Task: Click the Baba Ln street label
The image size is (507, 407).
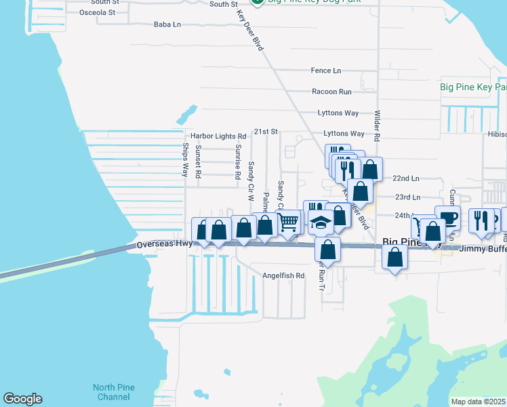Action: point(167,24)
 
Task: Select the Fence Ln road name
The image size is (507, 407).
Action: point(325,71)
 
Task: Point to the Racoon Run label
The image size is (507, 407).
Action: point(331,92)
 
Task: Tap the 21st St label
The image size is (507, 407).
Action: point(266,132)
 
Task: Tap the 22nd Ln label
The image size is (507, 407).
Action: point(406,178)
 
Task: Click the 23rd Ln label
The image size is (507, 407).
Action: point(407,197)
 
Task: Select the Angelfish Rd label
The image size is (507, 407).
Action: point(284,276)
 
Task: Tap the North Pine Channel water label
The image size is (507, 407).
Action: point(114,392)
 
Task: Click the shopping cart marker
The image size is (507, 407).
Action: point(289,222)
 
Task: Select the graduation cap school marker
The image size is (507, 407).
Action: point(320,221)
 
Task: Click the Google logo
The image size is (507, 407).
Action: point(22,399)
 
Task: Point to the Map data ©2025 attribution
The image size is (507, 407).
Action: point(477,402)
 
